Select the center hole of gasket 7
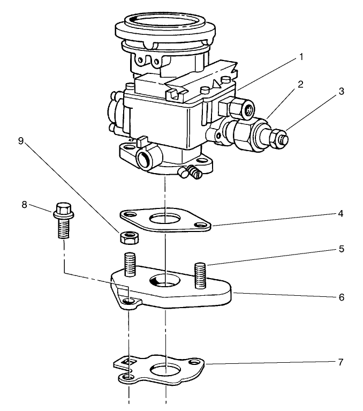click(x=165, y=370)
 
